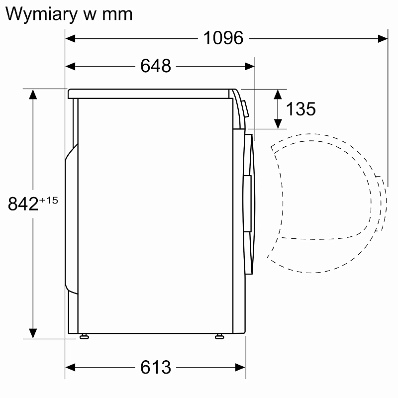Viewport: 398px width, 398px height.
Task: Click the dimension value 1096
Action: click(x=223, y=38)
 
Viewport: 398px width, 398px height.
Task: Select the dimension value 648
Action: click(x=156, y=65)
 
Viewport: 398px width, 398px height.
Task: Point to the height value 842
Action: click(x=23, y=203)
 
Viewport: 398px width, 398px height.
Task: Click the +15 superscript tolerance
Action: click(x=49, y=200)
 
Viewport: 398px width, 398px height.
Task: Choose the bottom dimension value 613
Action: click(x=155, y=367)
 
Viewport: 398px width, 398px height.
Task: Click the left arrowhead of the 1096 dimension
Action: click(x=70, y=38)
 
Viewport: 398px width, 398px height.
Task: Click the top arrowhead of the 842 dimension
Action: click(x=33, y=94)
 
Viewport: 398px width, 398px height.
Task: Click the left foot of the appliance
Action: click(x=83, y=336)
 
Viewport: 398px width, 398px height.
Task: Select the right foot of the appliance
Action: click(x=219, y=336)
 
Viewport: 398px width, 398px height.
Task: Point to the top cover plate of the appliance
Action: click(x=149, y=93)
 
